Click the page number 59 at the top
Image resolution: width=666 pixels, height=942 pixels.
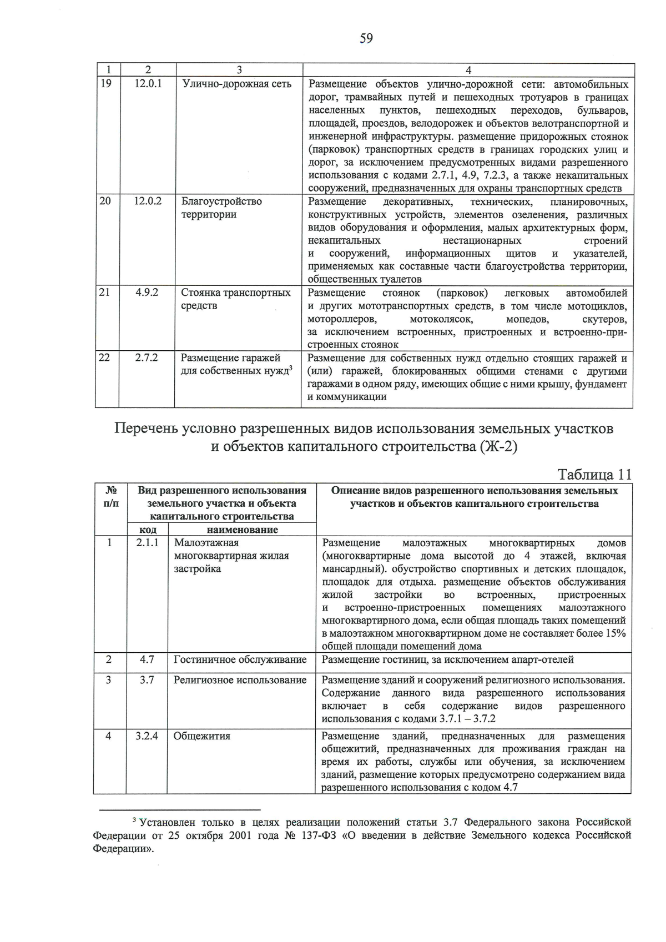click(x=366, y=38)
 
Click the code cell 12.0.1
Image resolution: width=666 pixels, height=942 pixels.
click(x=148, y=84)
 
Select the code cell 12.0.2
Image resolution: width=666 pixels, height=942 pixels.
click(x=148, y=202)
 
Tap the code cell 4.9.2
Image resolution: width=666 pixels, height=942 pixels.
click(x=147, y=293)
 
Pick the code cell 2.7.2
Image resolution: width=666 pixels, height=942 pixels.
click(x=147, y=358)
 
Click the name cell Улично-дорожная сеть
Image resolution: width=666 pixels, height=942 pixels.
click(x=236, y=84)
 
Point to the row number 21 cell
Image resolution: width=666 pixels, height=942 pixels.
click(x=105, y=293)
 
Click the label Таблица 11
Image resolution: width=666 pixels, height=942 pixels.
click(x=594, y=475)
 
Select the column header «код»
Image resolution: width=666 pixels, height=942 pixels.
click(x=147, y=530)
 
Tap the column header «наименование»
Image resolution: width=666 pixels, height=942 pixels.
click(x=242, y=530)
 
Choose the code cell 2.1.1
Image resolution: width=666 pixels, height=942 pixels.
click(x=147, y=543)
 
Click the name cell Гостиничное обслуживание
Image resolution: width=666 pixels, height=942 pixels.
click(x=240, y=659)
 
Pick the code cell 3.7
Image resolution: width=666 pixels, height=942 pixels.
click(x=147, y=680)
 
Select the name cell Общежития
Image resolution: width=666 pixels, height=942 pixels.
click(x=202, y=736)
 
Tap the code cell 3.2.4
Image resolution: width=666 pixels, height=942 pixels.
click(x=147, y=736)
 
